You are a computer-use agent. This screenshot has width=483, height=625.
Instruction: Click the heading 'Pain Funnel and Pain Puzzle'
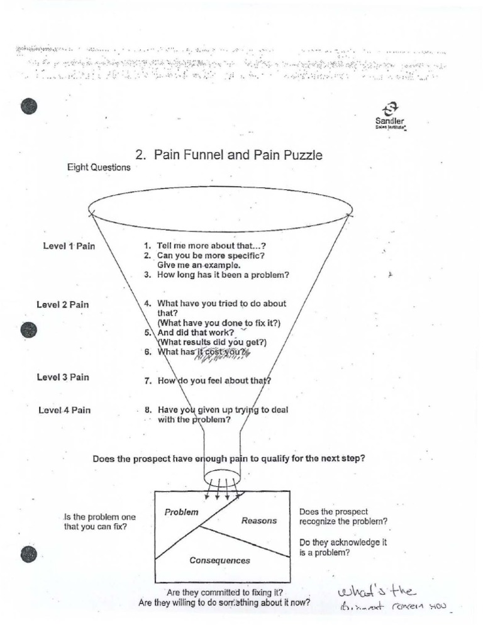229,155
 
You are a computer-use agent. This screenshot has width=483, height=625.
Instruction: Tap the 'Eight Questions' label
99,168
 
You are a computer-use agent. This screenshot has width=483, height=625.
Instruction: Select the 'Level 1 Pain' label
69,246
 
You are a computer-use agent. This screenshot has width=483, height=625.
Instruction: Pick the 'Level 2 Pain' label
63,305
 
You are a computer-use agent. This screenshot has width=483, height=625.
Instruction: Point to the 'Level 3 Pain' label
63,377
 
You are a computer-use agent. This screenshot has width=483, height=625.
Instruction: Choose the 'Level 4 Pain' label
65,410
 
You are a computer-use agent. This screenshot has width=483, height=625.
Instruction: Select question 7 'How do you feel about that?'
208,380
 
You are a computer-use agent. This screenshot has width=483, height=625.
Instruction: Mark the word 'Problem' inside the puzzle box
181,512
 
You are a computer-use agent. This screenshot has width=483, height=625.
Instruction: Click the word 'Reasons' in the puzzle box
258,521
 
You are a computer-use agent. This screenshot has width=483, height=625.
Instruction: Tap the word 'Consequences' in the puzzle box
219,560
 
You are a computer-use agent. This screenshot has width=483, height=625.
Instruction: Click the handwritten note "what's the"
374,590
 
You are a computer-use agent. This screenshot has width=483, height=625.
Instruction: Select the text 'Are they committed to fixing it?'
224,592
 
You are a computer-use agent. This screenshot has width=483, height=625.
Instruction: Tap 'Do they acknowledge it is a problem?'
342,548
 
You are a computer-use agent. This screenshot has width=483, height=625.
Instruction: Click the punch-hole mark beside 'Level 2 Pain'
28,329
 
